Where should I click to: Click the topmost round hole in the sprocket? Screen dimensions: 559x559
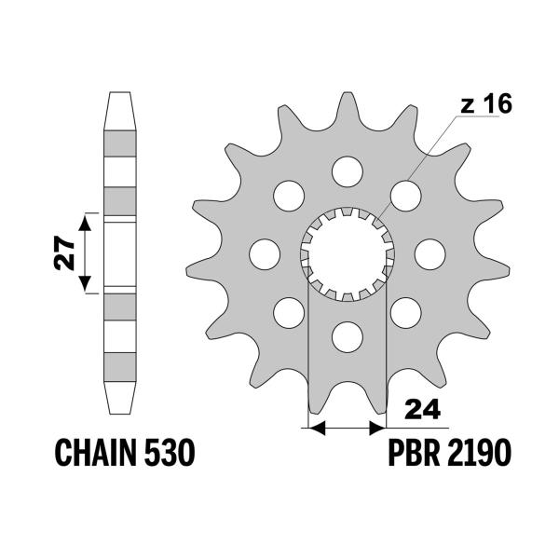tap(347, 170)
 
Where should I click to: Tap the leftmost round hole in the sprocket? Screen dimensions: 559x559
tap(265, 252)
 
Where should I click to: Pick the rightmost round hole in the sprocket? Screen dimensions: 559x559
tap(429, 252)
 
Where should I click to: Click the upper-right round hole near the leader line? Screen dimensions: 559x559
tap(404, 195)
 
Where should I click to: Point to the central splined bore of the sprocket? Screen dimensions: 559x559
tap(347, 252)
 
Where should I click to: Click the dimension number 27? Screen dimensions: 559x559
tap(63, 252)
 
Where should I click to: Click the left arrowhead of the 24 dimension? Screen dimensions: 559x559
tap(315, 429)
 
